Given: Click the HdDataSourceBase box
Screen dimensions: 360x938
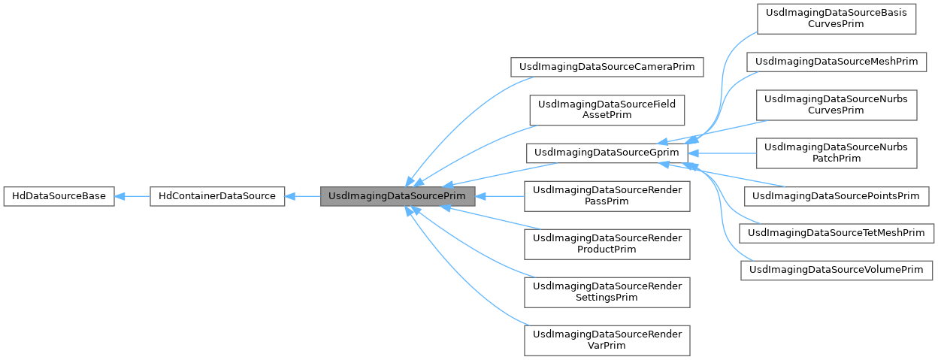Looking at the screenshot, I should tap(59, 197).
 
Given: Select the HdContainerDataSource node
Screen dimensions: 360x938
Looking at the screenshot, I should tap(216, 197).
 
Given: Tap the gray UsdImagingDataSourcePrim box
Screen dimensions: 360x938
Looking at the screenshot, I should tap(398, 197).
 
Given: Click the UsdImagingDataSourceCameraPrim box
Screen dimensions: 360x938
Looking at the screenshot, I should tap(607, 67).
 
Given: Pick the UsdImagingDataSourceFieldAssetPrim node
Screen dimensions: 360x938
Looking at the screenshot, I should tap(607, 110).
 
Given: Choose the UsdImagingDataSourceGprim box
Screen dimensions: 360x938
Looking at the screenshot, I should tap(607, 153).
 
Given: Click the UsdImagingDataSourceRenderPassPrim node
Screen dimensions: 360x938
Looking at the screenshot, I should tap(607, 197).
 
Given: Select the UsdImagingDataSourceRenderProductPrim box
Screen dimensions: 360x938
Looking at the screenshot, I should tap(607, 243).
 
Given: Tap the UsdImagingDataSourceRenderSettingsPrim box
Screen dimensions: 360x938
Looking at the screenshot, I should tap(607, 292).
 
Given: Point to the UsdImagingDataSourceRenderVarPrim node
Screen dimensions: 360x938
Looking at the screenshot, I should tap(607, 340).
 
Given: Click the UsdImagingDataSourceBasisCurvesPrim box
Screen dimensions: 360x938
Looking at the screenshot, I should tap(836, 18).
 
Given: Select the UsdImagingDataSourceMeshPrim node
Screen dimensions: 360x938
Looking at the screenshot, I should tap(836, 62).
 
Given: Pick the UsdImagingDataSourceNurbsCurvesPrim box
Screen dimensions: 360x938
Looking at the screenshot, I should tap(836, 104).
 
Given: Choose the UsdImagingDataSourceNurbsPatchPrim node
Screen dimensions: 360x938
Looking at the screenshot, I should tap(836, 153).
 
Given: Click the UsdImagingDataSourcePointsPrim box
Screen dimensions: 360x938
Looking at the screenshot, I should tap(836, 196).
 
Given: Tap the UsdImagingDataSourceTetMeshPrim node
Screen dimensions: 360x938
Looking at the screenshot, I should tap(836, 233).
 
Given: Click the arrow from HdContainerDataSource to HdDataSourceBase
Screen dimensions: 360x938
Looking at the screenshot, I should tap(132, 197).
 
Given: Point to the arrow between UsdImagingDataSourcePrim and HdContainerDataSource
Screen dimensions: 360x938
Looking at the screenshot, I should tap(303, 197).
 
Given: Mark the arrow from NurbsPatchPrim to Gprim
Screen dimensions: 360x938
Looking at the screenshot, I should tap(722, 153).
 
